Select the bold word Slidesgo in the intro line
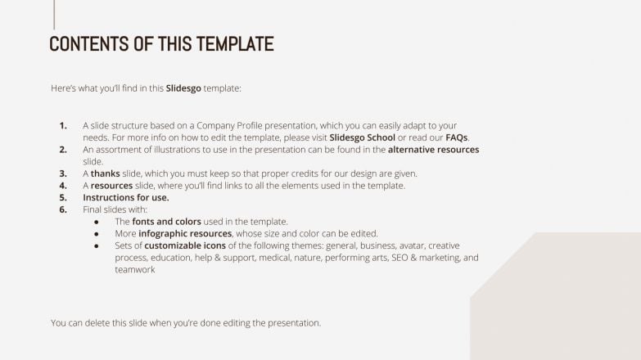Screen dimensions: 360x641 pos(183,88)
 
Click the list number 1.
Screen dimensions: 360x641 pos(63,125)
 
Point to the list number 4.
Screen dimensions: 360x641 pos(63,186)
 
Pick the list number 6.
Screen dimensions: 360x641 pos(63,209)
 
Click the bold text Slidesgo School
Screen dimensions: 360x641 pos(362,137)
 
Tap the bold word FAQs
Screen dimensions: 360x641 pos(456,137)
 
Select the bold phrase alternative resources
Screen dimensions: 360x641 pos(433,150)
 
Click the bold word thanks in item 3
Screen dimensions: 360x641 pos(105,173)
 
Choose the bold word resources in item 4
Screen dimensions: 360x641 pos(111,186)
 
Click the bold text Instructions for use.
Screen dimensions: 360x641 pos(126,198)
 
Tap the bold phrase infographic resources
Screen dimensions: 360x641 pos(185,234)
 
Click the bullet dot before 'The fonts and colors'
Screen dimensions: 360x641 pos(97,222)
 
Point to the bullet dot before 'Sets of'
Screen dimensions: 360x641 pos(97,245)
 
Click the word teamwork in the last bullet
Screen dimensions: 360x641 pos(135,269)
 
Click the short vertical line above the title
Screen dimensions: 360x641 pos(54,14)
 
